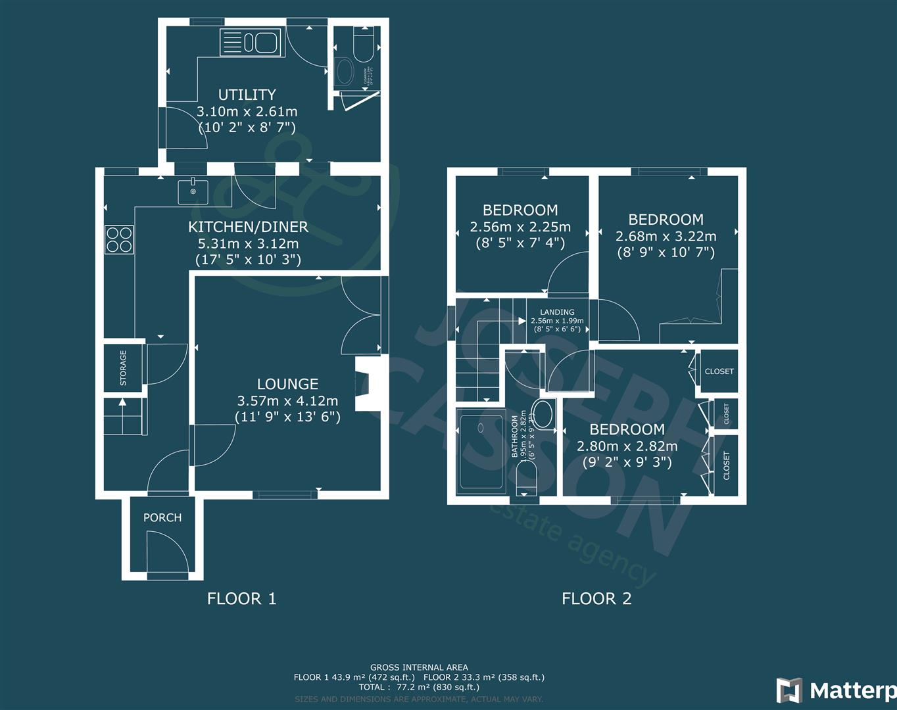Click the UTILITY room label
(x=247, y=95)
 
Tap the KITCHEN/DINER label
(x=248, y=227)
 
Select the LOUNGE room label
(x=287, y=384)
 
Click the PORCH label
(x=162, y=517)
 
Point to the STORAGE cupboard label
(x=123, y=367)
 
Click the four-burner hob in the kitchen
(x=119, y=239)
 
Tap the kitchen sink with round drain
(x=193, y=191)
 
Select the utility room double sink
(x=251, y=43)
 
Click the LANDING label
(x=557, y=312)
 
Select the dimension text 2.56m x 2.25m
(x=520, y=227)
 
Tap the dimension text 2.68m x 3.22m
(x=666, y=236)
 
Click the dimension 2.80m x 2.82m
(x=627, y=446)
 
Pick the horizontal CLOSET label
(x=719, y=371)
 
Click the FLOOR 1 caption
(x=241, y=598)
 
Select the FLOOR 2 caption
(x=596, y=598)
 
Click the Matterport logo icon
(x=789, y=690)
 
